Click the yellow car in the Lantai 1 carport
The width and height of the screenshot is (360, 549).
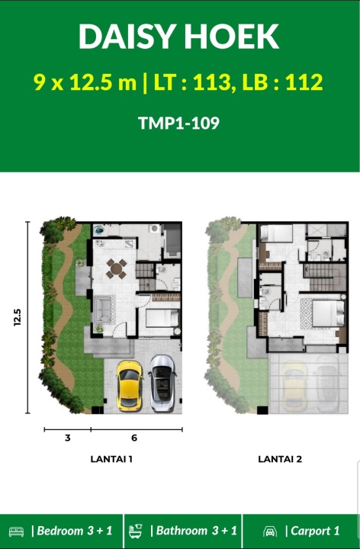click(129, 386)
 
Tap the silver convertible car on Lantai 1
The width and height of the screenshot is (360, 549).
click(162, 384)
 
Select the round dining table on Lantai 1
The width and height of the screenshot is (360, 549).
click(116, 269)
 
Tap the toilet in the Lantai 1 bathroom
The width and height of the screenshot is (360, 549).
click(162, 270)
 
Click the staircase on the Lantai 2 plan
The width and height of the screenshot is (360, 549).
click(324, 278)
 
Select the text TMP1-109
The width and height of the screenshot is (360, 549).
click(179, 123)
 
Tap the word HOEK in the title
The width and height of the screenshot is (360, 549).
click(231, 37)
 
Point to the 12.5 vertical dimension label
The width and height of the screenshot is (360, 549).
click(17, 317)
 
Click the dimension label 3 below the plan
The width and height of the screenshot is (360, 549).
click(68, 438)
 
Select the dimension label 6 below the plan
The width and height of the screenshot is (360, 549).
click(134, 438)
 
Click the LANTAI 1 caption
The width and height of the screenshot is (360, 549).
click(111, 459)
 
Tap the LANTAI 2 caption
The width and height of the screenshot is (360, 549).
click(280, 459)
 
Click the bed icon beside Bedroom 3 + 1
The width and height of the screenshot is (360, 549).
click(16, 531)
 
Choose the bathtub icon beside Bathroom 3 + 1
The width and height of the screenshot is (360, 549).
click(136, 531)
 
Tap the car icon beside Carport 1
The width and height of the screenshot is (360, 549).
click(270, 531)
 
